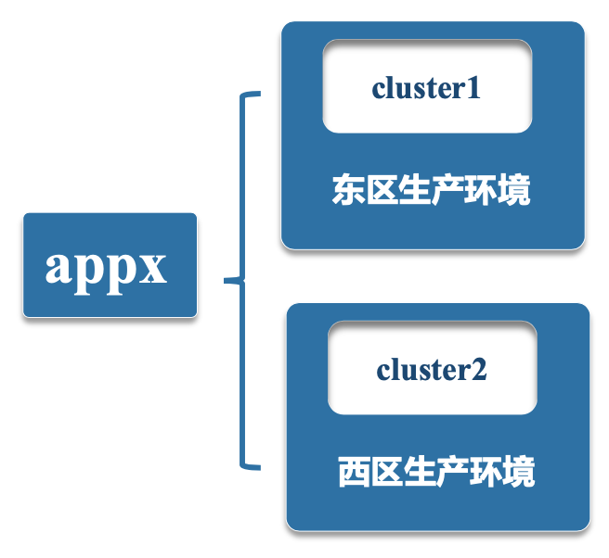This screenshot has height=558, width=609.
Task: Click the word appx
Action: click(x=107, y=267)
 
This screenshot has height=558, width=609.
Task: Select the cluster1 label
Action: click(x=426, y=88)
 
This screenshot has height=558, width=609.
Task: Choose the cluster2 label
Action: click(x=432, y=370)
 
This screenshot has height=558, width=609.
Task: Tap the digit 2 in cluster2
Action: click(x=479, y=370)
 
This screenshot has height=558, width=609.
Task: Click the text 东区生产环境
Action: click(x=432, y=191)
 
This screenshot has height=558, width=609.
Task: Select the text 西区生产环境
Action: click(x=436, y=472)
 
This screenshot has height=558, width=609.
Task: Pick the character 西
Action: click(x=354, y=472)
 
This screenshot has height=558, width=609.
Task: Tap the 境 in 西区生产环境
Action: click(x=519, y=472)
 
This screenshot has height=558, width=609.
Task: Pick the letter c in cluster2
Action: click(x=382, y=372)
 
